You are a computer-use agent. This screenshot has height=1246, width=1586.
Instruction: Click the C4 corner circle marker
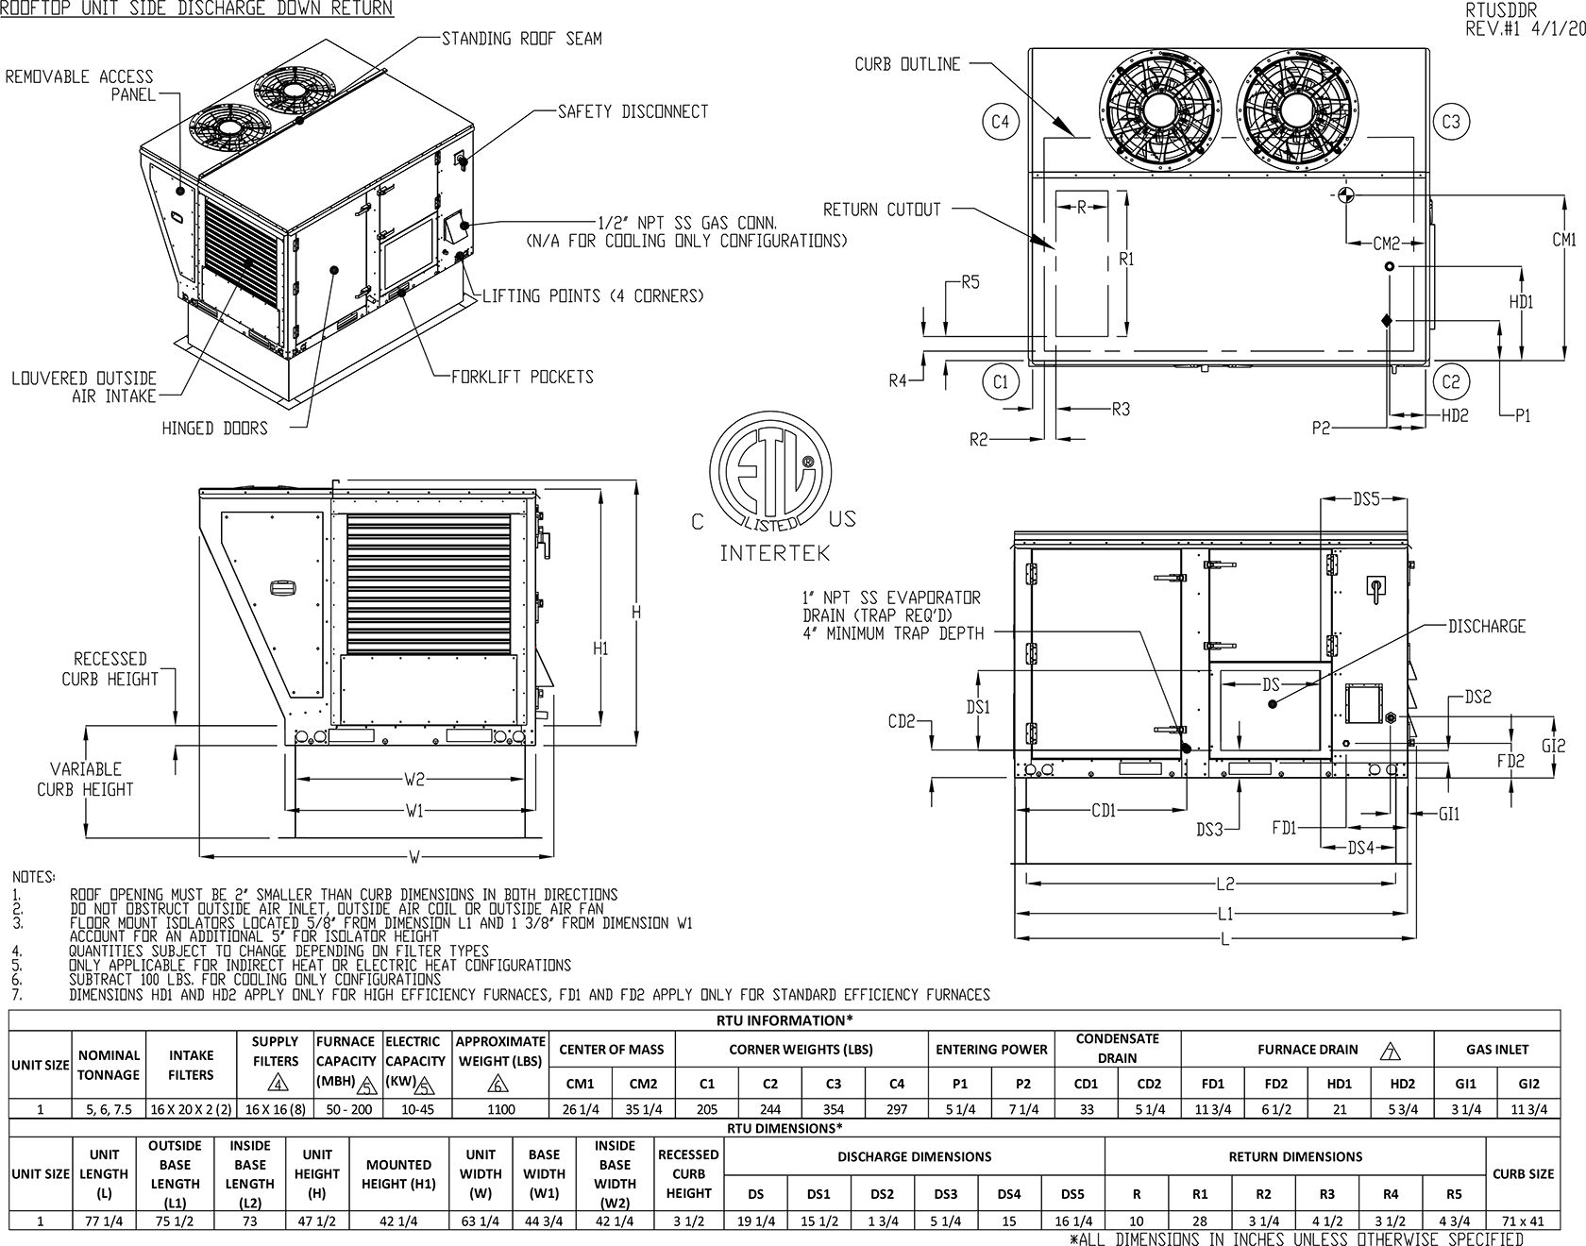click(x=1001, y=122)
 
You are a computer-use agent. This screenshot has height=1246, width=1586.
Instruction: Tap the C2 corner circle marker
click(x=1451, y=382)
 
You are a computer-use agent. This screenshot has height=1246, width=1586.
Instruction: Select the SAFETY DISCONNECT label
click(x=633, y=111)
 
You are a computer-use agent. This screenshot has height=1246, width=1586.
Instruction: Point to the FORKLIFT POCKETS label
click(x=522, y=377)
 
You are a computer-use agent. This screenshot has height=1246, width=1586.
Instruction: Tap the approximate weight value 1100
click(x=500, y=1109)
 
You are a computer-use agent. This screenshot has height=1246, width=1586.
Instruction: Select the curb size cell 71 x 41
click(x=1523, y=1221)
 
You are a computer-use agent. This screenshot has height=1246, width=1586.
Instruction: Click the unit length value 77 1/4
click(x=104, y=1221)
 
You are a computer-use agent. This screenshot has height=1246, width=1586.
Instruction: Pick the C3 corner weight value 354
click(x=833, y=1109)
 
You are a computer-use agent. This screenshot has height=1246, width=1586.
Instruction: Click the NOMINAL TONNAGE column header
click(x=110, y=1065)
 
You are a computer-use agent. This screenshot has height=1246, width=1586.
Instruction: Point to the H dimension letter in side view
click(x=636, y=614)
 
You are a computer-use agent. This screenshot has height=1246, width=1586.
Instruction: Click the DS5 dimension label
click(x=1366, y=499)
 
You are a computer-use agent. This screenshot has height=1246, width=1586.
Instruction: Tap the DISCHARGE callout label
click(x=1487, y=627)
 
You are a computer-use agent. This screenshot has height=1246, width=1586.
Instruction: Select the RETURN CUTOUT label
click(x=882, y=210)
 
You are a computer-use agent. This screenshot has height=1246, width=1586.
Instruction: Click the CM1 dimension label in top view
click(x=1564, y=240)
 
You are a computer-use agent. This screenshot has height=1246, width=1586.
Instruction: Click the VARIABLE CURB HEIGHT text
click(x=85, y=780)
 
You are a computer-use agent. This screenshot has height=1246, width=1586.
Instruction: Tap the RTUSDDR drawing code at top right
click(x=1501, y=10)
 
